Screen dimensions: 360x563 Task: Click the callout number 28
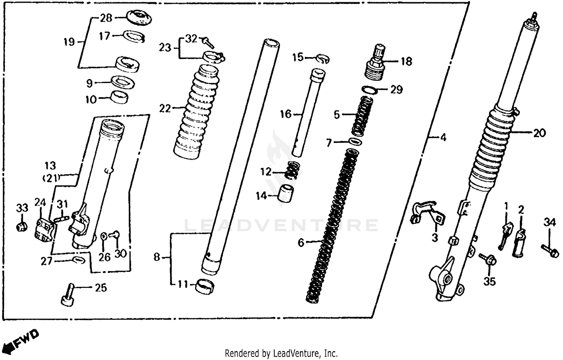click(x=106, y=18)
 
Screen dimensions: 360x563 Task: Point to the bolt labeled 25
click(x=68, y=295)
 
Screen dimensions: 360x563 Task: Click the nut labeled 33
click(x=22, y=227)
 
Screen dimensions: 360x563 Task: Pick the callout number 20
click(x=539, y=133)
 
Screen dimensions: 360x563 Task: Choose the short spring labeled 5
click(x=361, y=116)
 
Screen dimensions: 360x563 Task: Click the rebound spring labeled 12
click(x=293, y=170)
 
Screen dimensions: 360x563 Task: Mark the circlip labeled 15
click(x=323, y=59)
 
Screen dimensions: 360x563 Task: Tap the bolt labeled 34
click(x=550, y=251)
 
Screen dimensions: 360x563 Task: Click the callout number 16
click(x=286, y=114)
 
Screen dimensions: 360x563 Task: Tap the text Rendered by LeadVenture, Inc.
click(x=281, y=353)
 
